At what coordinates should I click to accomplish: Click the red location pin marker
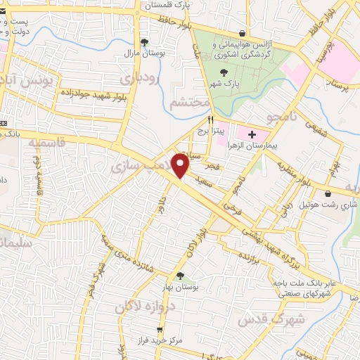click(x=181, y=165)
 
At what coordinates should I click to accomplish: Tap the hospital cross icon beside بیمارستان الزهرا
click(x=252, y=133)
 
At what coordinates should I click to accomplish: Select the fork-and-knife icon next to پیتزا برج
click(x=210, y=120)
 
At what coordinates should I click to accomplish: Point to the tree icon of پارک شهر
click(x=224, y=72)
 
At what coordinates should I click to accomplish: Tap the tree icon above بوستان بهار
click(x=181, y=276)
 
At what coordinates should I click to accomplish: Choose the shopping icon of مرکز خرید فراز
click(x=160, y=328)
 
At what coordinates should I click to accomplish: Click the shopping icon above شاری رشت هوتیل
click(x=328, y=194)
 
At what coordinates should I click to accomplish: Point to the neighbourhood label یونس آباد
click(x=28, y=82)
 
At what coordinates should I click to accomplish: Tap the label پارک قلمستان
click(x=168, y=5)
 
